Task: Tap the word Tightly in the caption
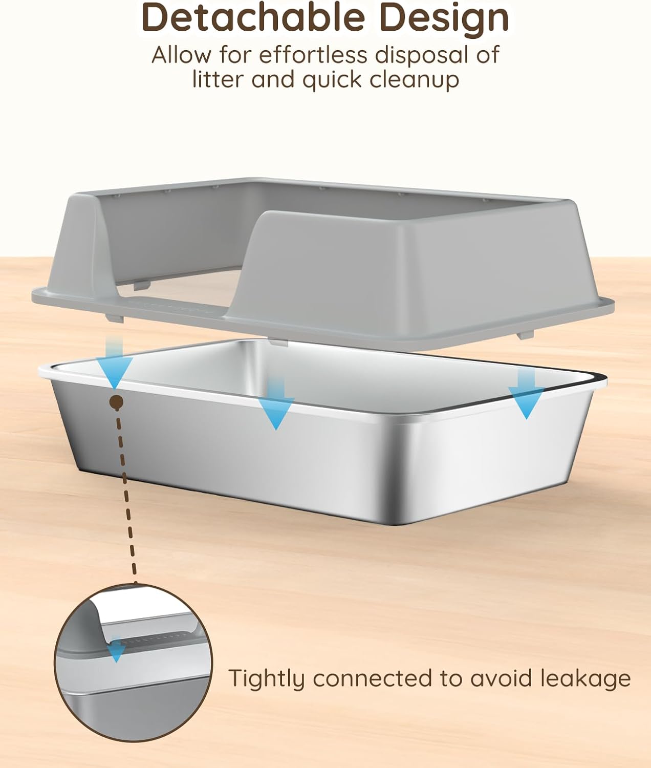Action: click(x=266, y=678)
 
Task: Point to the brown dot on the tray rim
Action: click(x=117, y=403)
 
